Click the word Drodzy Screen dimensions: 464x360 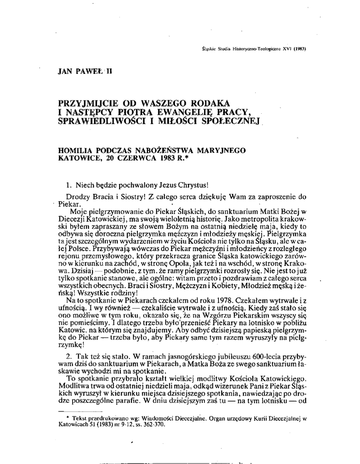pos(78,196)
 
